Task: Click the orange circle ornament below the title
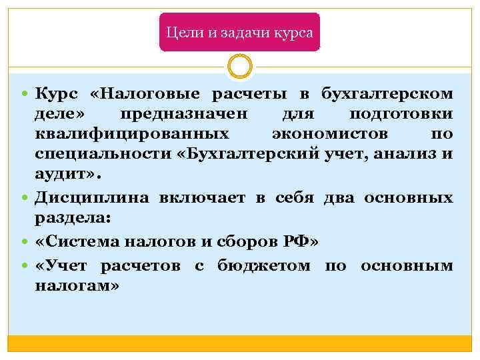(239, 66)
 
